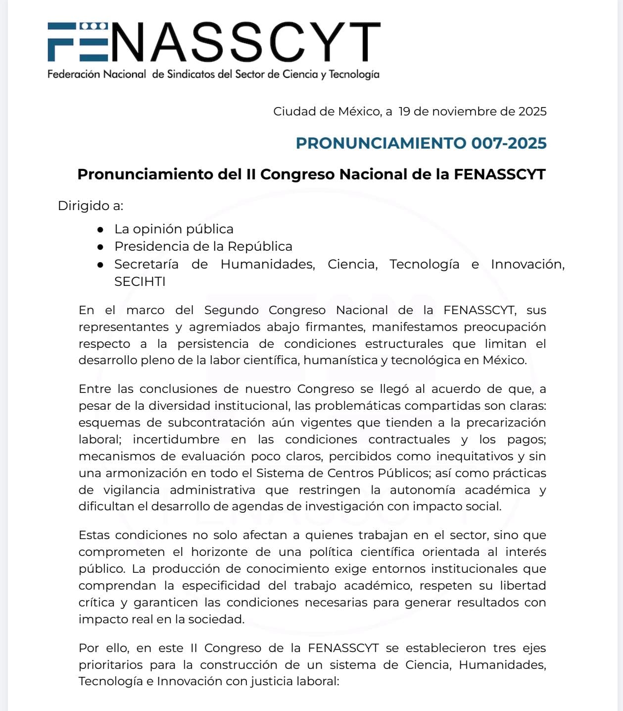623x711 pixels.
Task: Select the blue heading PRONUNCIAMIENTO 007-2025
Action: pyautogui.click(x=421, y=143)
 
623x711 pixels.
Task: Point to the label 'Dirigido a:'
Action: pyautogui.click(x=91, y=206)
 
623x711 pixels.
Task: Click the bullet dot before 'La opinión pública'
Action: pyautogui.click(x=100, y=229)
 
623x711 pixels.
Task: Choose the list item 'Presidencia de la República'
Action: pyautogui.click(x=203, y=246)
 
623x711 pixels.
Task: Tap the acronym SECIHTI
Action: pyautogui.click(x=140, y=281)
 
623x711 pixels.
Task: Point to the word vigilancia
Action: pyautogui.click(x=132, y=490)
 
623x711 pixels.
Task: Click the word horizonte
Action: pyautogui.click(x=220, y=552)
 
